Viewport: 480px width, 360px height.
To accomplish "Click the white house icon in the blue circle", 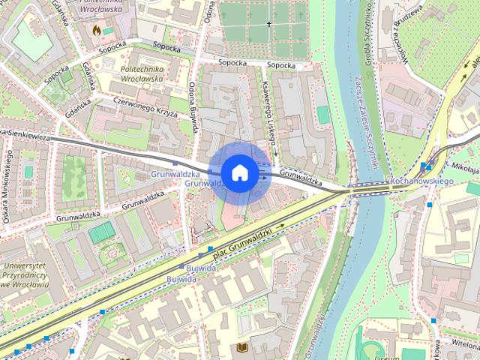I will click(238, 172).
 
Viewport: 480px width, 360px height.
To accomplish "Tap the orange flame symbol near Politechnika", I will click(96, 31).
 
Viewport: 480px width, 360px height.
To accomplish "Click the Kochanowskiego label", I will click(423, 182).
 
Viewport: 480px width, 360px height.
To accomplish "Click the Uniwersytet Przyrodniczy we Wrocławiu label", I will click(25, 275).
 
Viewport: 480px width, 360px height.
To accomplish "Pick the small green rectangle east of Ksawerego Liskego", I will click(322, 115).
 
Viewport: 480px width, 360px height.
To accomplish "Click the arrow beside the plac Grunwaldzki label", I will click(280, 225).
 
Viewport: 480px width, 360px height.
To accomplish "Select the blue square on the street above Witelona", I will click(433, 320).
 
